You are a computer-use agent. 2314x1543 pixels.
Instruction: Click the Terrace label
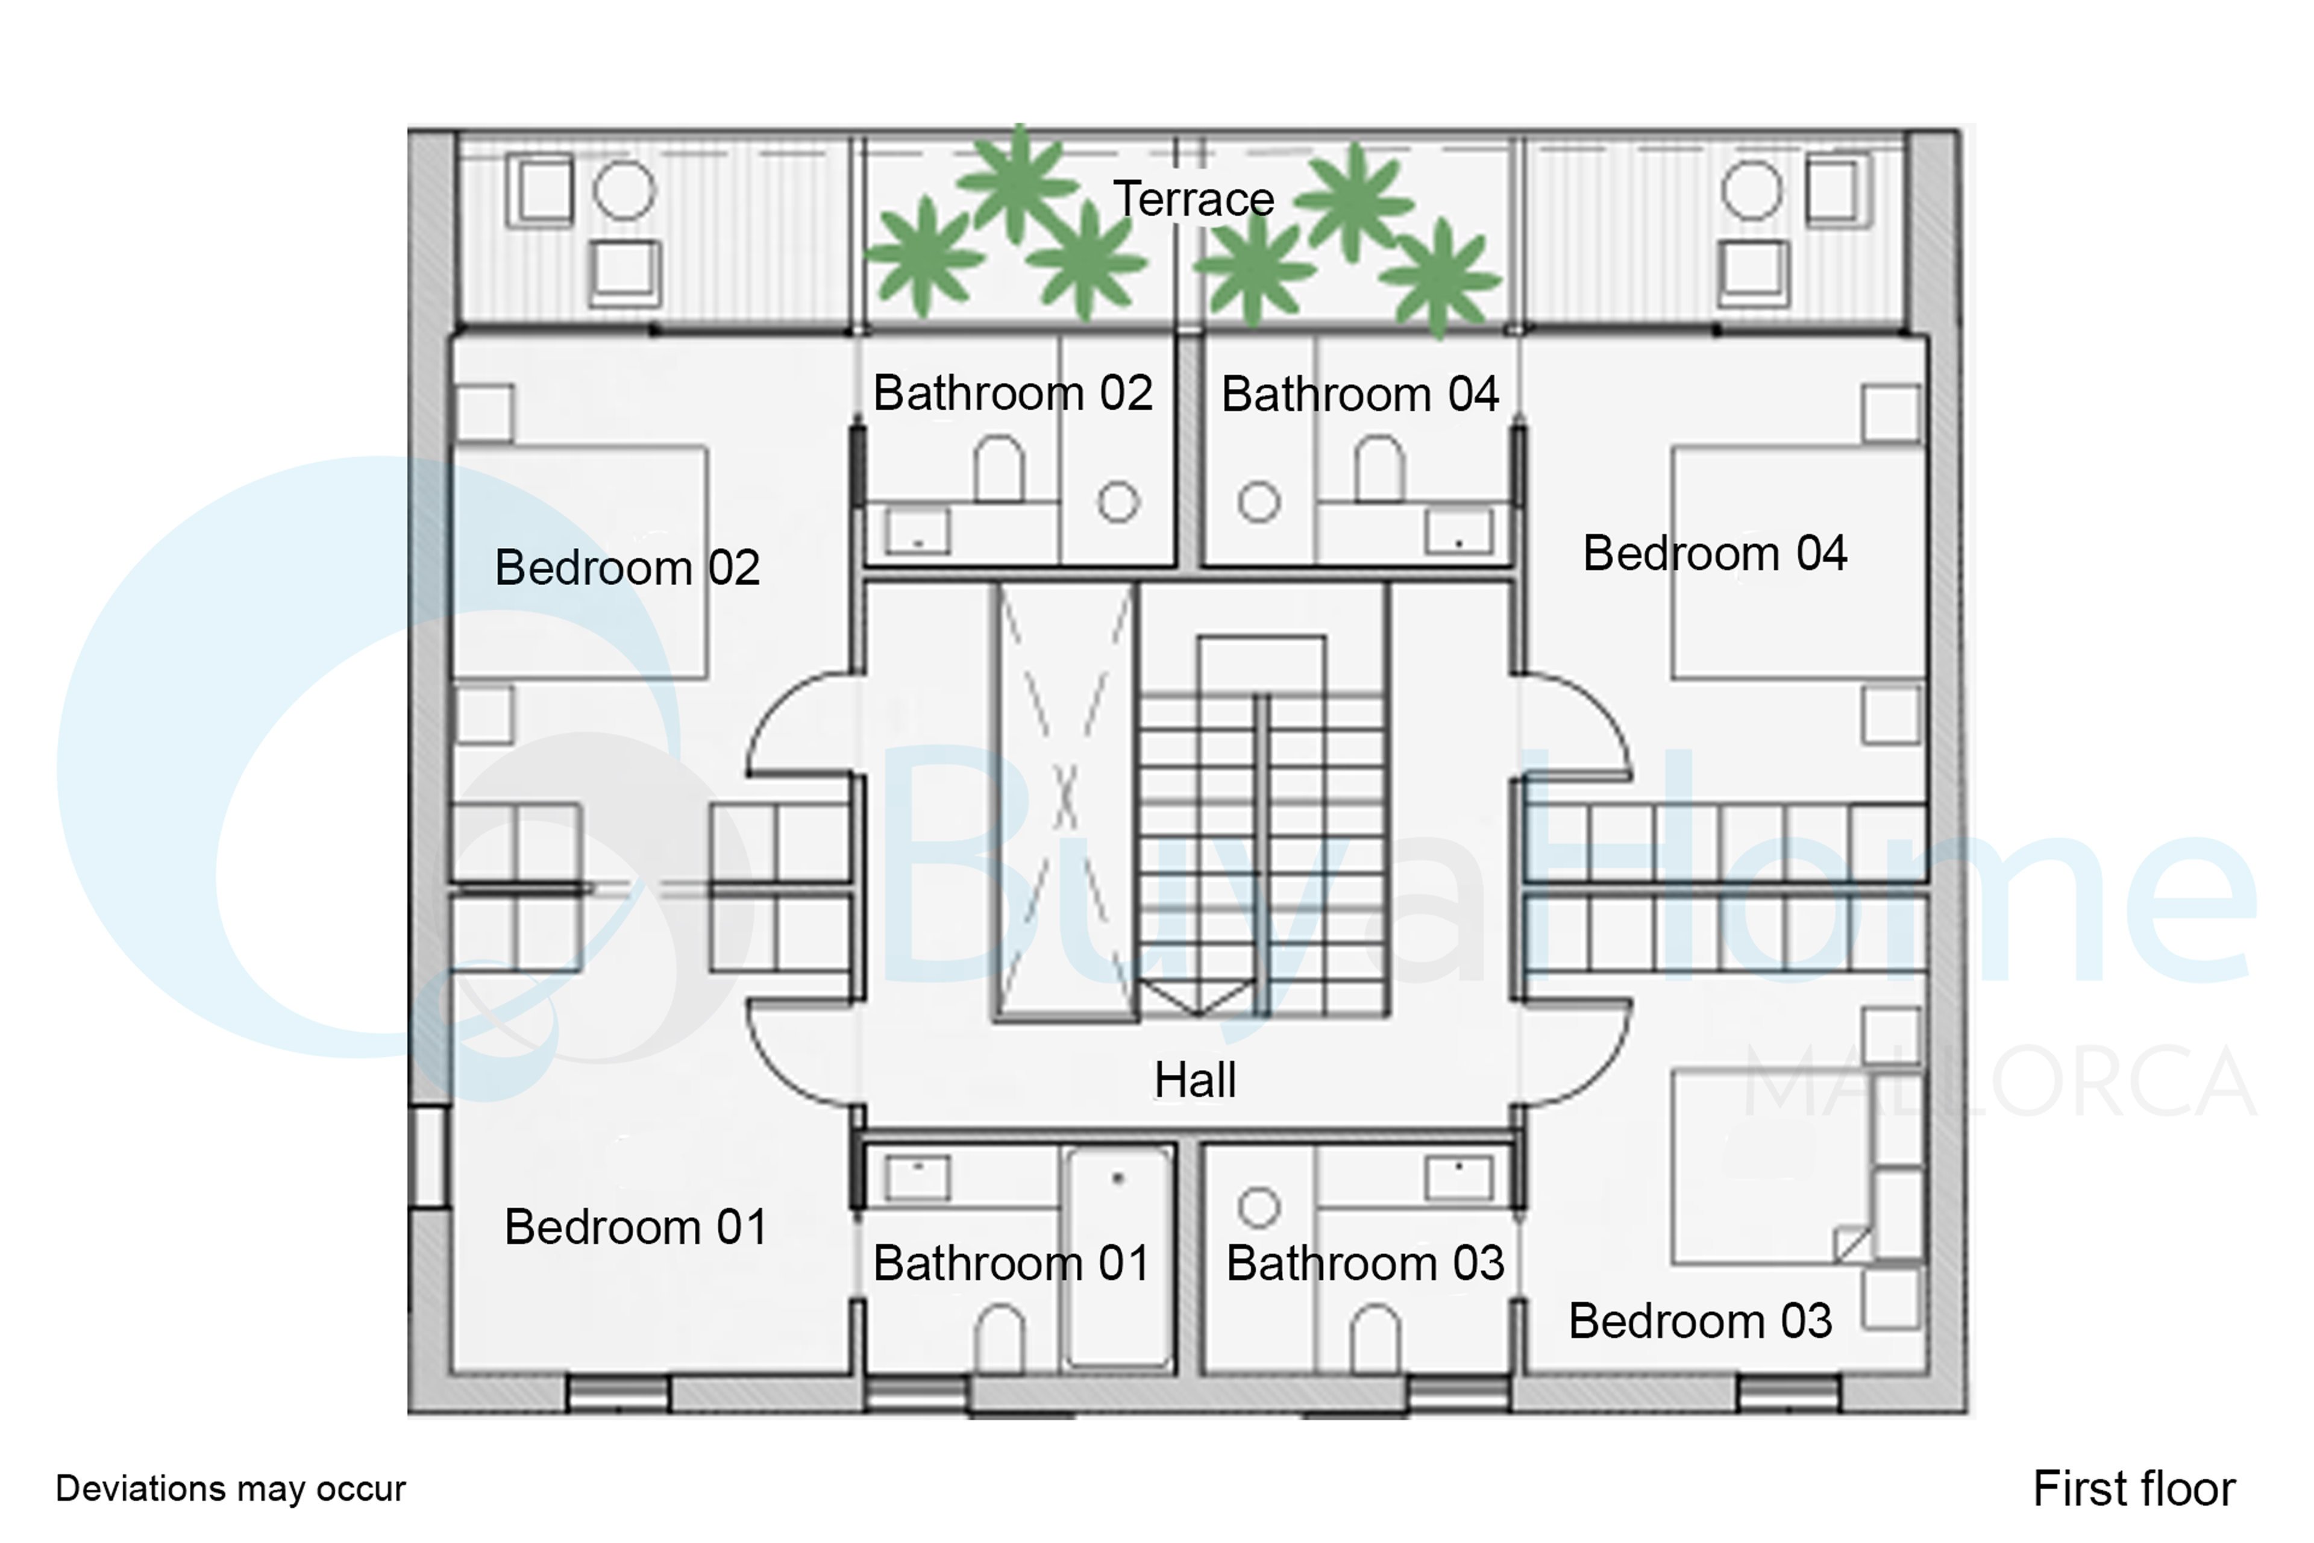click(x=1193, y=200)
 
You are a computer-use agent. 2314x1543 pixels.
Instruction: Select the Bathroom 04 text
click(x=1359, y=394)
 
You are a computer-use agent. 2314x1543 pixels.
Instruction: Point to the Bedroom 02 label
click(x=628, y=568)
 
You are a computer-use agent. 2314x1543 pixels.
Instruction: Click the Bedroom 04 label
click(x=1715, y=553)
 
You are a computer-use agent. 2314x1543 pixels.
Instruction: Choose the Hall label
click(x=1194, y=1079)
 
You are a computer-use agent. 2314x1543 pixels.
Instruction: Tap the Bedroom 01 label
click(x=636, y=1227)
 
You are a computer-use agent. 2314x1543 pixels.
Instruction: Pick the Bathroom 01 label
click(x=1011, y=1263)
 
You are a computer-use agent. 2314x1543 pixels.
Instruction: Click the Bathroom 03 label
click(x=1364, y=1263)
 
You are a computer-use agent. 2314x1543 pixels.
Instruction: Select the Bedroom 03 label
click(x=1700, y=1321)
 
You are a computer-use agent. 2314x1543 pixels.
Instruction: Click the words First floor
click(x=2133, y=1489)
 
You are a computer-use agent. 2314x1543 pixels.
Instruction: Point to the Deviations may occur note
click(x=230, y=1489)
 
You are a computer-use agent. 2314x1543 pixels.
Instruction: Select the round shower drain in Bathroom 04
click(x=1258, y=502)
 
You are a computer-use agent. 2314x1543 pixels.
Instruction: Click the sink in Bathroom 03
click(x=1458, y=1178)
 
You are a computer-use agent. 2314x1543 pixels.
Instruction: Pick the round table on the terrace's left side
click(x=624, y=190)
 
